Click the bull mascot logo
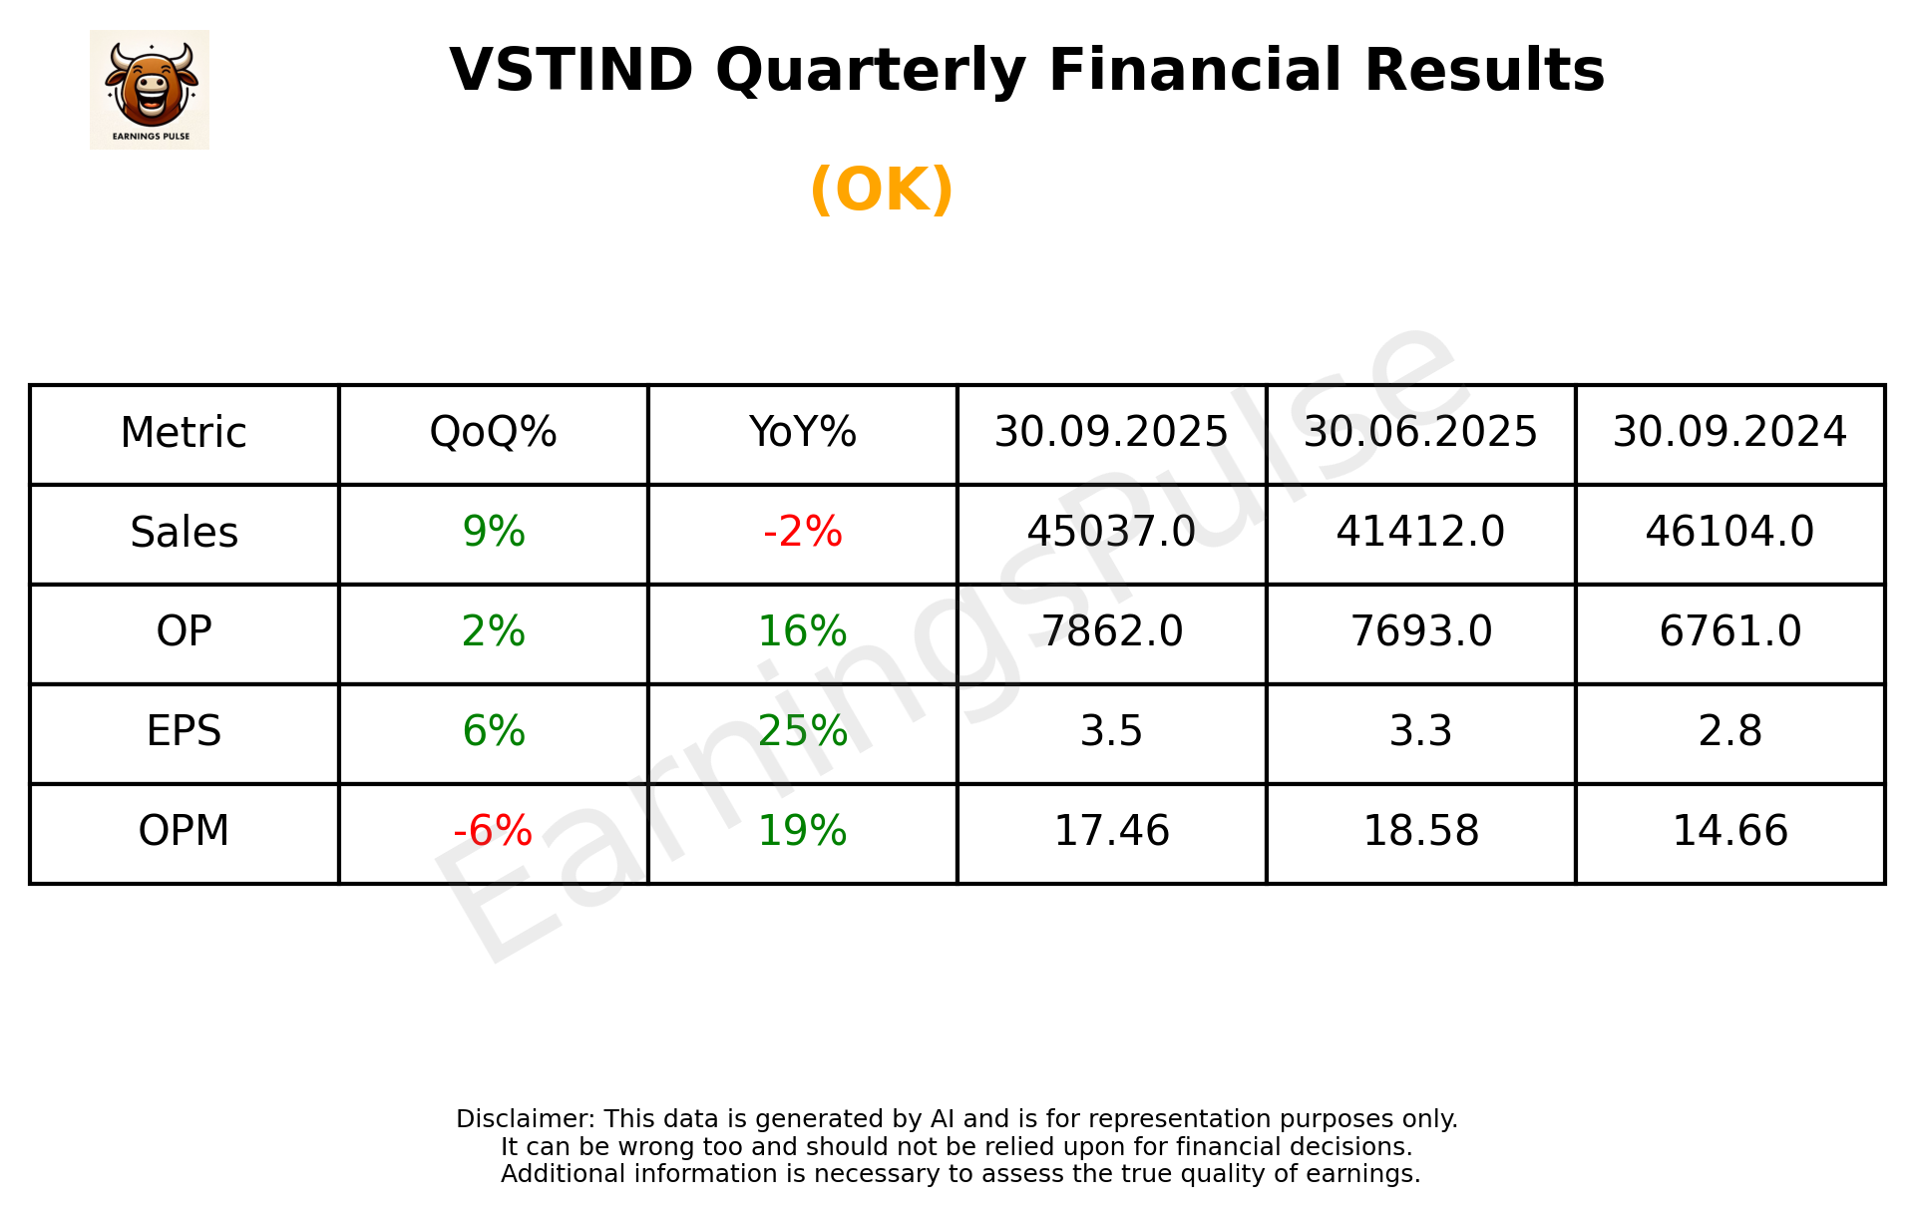coord(150,89)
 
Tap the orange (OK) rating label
coord(882,190)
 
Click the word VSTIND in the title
coord(572,71)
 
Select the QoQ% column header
coord(493,433)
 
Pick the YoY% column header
coord(802,433)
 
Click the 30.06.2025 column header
coord(1420,433)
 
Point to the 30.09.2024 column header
coord(1729,433)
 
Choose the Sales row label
coord(185,533)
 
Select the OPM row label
coord(185,831)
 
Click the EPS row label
coord(185,731)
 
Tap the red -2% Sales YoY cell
coord(802,533)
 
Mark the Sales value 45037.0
coord(1111,533)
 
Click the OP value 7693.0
coord(1420,631)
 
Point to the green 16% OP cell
coord(802,631)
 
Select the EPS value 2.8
coord(1729,731)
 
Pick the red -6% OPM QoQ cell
coord(493,831)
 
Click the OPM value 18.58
coord(1420,831)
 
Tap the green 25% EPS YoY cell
coord(802,731)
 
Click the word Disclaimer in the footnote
coord(525,1119)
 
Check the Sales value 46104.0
coord(1729,533)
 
